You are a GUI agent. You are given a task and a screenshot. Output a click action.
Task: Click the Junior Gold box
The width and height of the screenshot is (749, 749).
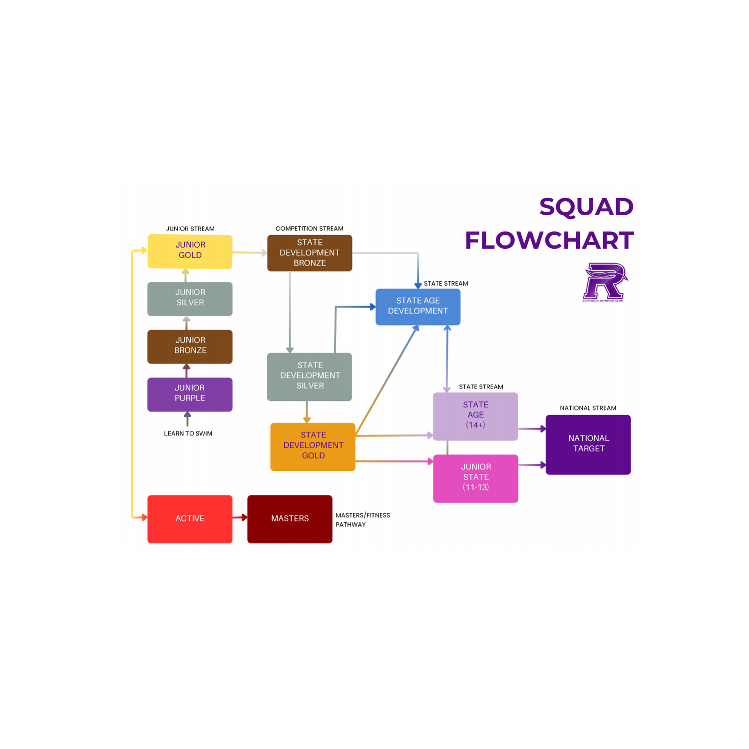(x=190, y=251)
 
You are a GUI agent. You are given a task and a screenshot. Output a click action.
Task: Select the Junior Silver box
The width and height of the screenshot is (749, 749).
(x=190, y=299)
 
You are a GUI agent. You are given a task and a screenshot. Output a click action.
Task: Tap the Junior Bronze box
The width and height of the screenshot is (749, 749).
(x=190, y=347)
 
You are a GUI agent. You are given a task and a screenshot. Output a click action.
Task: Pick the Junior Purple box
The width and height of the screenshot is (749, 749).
(x=190, y=394)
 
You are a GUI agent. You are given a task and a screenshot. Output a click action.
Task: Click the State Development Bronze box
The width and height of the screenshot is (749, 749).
(x=310, y=253)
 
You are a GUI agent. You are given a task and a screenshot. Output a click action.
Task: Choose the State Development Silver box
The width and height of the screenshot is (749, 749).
(x=310, y=376)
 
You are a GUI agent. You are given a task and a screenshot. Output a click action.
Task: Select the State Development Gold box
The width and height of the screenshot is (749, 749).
(x=313, y=446)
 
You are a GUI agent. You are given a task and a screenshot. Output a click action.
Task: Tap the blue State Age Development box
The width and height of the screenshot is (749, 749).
(x=418, y=307)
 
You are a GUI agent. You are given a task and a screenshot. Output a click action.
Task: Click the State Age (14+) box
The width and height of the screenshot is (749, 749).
(x=475, y=416)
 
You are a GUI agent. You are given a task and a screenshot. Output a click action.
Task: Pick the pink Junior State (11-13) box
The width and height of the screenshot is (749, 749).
(x=475, y=478)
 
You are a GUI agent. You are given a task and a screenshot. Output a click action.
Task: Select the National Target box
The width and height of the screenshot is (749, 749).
(x=588, y=444)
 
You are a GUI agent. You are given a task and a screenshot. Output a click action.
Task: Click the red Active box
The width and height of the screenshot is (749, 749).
(x=190, y=519)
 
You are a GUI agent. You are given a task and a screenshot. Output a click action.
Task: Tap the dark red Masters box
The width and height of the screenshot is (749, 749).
(x=290, y=519)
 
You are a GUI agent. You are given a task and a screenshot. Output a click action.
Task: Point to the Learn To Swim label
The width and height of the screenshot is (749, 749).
(x=188, y=433)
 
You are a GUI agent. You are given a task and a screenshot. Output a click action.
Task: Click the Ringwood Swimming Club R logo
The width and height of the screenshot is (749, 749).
(x=605, y=282)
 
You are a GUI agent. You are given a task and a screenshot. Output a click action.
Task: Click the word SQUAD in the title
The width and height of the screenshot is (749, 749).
(x=586, y=207)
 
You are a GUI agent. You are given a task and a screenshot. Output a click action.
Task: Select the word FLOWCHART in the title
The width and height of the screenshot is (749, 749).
(x=549, y=240)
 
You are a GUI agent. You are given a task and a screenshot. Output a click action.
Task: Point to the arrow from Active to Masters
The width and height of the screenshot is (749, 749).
(x=240, y=517)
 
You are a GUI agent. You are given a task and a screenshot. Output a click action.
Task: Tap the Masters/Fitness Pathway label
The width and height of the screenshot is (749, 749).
(x=363, y=520)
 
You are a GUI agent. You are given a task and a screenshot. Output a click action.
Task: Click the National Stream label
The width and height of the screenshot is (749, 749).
(x=588, y=408)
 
